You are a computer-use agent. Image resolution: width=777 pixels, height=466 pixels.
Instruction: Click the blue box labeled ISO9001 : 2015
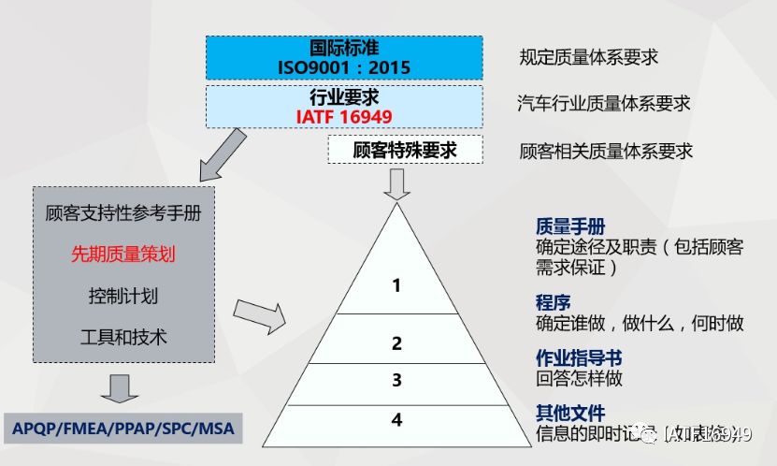[x=344, y=57]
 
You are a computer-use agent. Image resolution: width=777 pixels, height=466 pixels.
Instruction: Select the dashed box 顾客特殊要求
[x=405, y=150]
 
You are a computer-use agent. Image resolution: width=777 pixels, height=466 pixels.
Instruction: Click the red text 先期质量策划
[x=123, y=254]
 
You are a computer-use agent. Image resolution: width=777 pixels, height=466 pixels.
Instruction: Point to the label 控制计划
[x=123, y=296]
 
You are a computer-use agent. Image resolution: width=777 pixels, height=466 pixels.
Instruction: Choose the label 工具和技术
[x=123, y=337]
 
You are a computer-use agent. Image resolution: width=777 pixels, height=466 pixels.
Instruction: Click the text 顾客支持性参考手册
[x=123, y=212]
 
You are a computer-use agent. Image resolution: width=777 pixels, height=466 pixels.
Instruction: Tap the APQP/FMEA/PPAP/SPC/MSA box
[x=123, y=429]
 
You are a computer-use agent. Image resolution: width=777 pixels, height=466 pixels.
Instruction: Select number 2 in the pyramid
[x=396, y=343]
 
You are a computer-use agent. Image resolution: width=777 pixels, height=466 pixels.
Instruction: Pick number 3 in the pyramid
[x=396, y=380]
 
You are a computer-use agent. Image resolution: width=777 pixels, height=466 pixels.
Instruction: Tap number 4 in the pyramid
[x=396, y=419]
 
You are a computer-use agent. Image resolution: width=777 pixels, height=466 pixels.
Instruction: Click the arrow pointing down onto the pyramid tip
[x=396, y=183]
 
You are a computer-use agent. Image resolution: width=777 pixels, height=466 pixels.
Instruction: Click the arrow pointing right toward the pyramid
[x=259, y=315]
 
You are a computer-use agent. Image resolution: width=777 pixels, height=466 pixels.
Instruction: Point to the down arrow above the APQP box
[x=120, y=387]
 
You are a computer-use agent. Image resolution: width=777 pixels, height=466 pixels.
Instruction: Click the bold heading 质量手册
[x=570, y=227]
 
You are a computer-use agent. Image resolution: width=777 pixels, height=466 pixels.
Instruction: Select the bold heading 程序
[x=553, y=303]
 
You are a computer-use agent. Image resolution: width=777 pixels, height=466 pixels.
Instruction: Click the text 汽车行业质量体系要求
[x=604, y=104]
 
